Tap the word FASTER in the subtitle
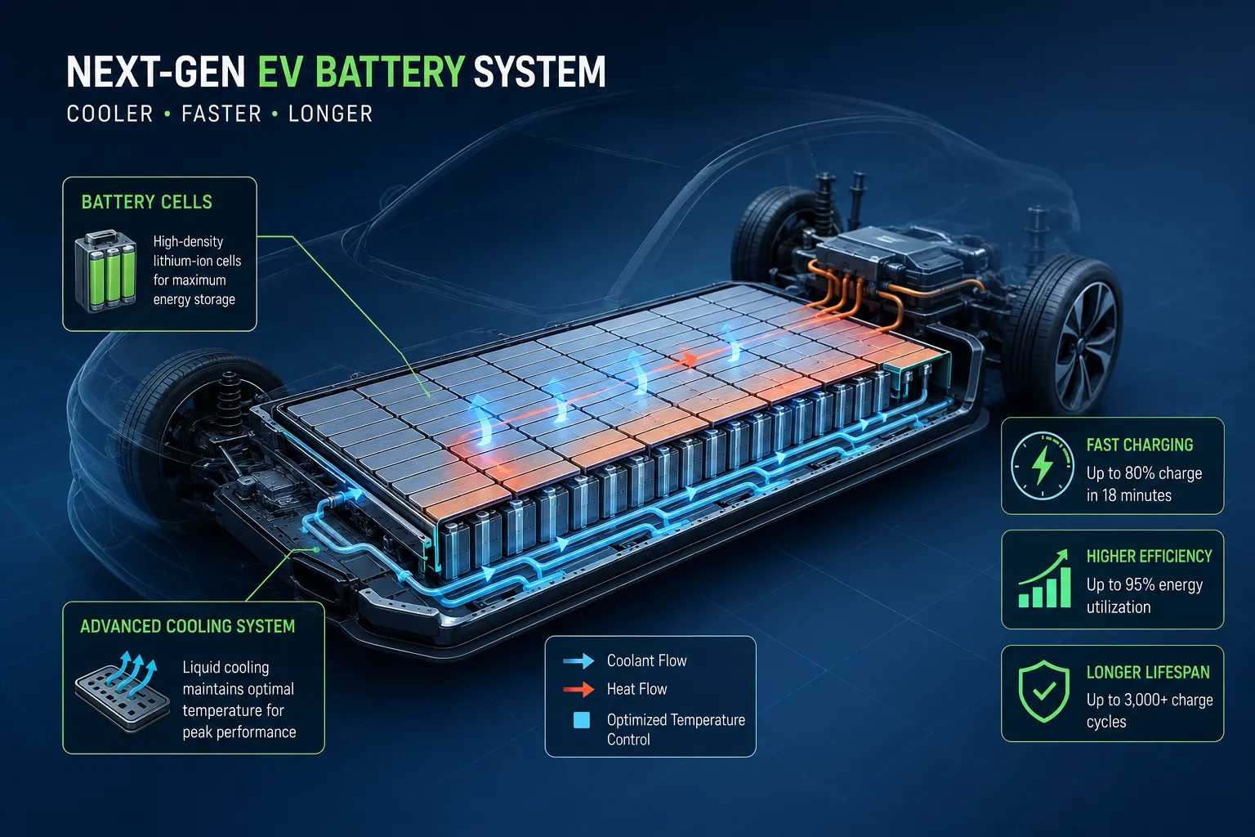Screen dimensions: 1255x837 (x=221, y=114)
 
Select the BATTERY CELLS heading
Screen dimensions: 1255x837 (x=147, y=202)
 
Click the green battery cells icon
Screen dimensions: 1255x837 (x=106, y=271)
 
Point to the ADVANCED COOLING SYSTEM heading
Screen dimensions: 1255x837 (x=188, y=626)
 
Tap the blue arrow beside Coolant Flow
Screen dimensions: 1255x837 (x=578, y=661)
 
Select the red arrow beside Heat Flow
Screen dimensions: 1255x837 (x=578, y=689)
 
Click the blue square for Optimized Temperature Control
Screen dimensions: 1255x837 (x=582, y=720)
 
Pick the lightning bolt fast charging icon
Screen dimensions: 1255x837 (x=1042, y=465)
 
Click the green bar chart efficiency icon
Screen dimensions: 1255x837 (x=1044, y=579)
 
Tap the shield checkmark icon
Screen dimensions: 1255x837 (x=1043, y=692)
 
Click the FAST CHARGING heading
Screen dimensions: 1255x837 (x=1140, y=445)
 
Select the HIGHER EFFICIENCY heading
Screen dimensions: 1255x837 (x=1149, y=556)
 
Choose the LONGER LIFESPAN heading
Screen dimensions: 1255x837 (x=1148, y=672)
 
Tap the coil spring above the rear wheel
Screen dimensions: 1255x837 (x=229, y=399)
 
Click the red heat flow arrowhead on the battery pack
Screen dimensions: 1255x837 (x=690, y=360)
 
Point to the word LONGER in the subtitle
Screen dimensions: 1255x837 (x=331, y=114)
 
